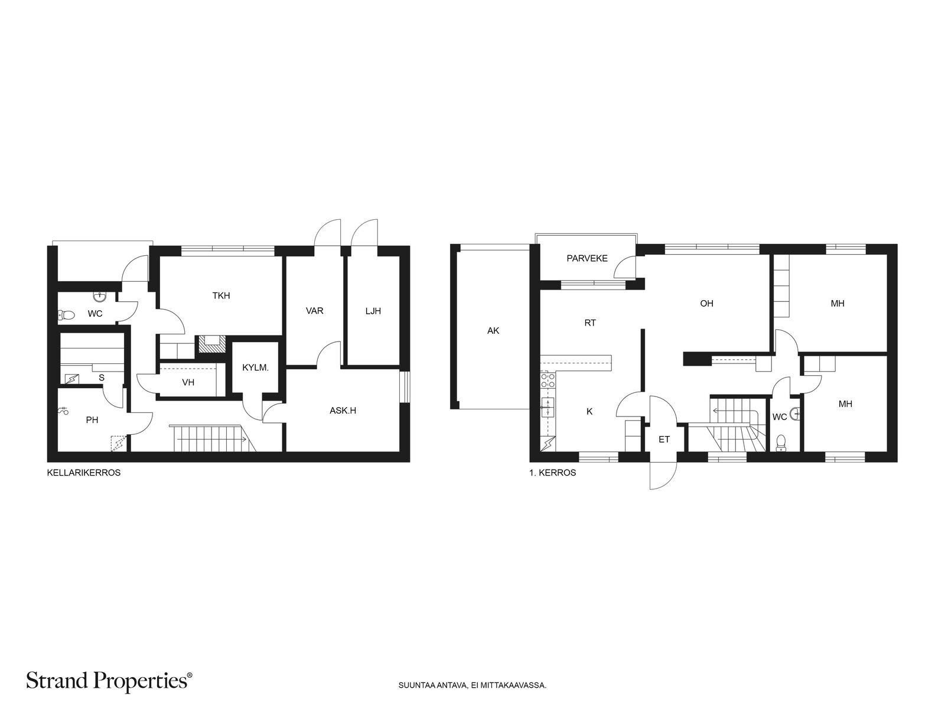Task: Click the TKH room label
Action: [x=221, y=296]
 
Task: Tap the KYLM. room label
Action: [x=255, y=367]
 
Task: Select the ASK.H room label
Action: [x=343, y=411]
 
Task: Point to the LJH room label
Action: [x=373, y=311]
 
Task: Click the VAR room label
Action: [x=314, y=311]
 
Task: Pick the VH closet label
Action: [x=188, y=382]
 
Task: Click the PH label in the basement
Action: [x=92, y=420]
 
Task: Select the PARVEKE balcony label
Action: [x=587, y=258]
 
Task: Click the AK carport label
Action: [x=493, y=331]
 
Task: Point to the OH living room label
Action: [x=706, y=304]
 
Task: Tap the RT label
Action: [x=590, y=323]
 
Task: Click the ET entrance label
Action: [x=664, y=440]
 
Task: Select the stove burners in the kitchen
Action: [x=548, y=380]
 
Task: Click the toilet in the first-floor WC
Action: [x=781, y=443]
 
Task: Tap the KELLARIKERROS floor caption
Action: [x=83, y=473]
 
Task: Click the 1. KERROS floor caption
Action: [x=552, y=473]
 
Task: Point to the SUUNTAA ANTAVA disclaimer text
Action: [x=472, y=685]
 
